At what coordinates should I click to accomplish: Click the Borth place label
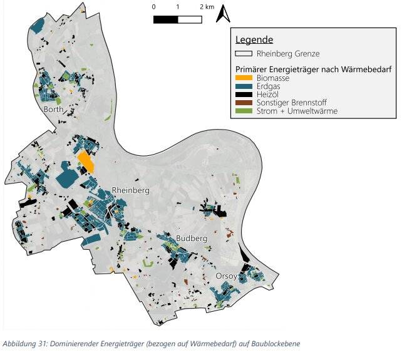(54, 109)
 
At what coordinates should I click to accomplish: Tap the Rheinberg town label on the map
(130, 190)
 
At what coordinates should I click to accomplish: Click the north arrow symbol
(223, 13)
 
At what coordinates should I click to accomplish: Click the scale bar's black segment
(165, 19)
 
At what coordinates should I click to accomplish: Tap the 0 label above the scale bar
(154, 7)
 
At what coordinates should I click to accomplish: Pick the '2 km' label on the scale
(207, 7)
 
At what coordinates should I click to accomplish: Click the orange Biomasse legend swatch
(244, 78)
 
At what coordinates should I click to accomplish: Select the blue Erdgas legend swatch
(244, 86)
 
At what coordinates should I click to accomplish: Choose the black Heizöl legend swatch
(244, 95)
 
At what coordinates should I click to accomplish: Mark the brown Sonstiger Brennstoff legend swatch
(244, 103)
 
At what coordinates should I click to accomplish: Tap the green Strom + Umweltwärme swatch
(244, 111)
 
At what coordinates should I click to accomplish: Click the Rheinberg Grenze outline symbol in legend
(244, 54)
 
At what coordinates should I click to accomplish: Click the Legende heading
(254, 40)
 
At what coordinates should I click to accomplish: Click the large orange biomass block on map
(85, 162)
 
